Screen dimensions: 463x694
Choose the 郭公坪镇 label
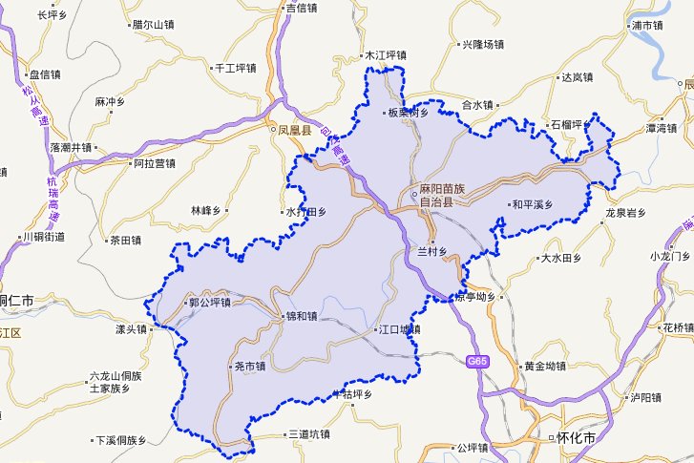coord(210,303)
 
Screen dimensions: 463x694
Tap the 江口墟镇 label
coord(398,329)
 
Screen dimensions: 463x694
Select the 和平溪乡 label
coord(530,204)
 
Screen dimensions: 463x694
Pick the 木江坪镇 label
coord(386,55)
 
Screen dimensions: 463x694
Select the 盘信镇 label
coord(44,74)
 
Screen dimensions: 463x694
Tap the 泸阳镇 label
coord(644,396)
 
